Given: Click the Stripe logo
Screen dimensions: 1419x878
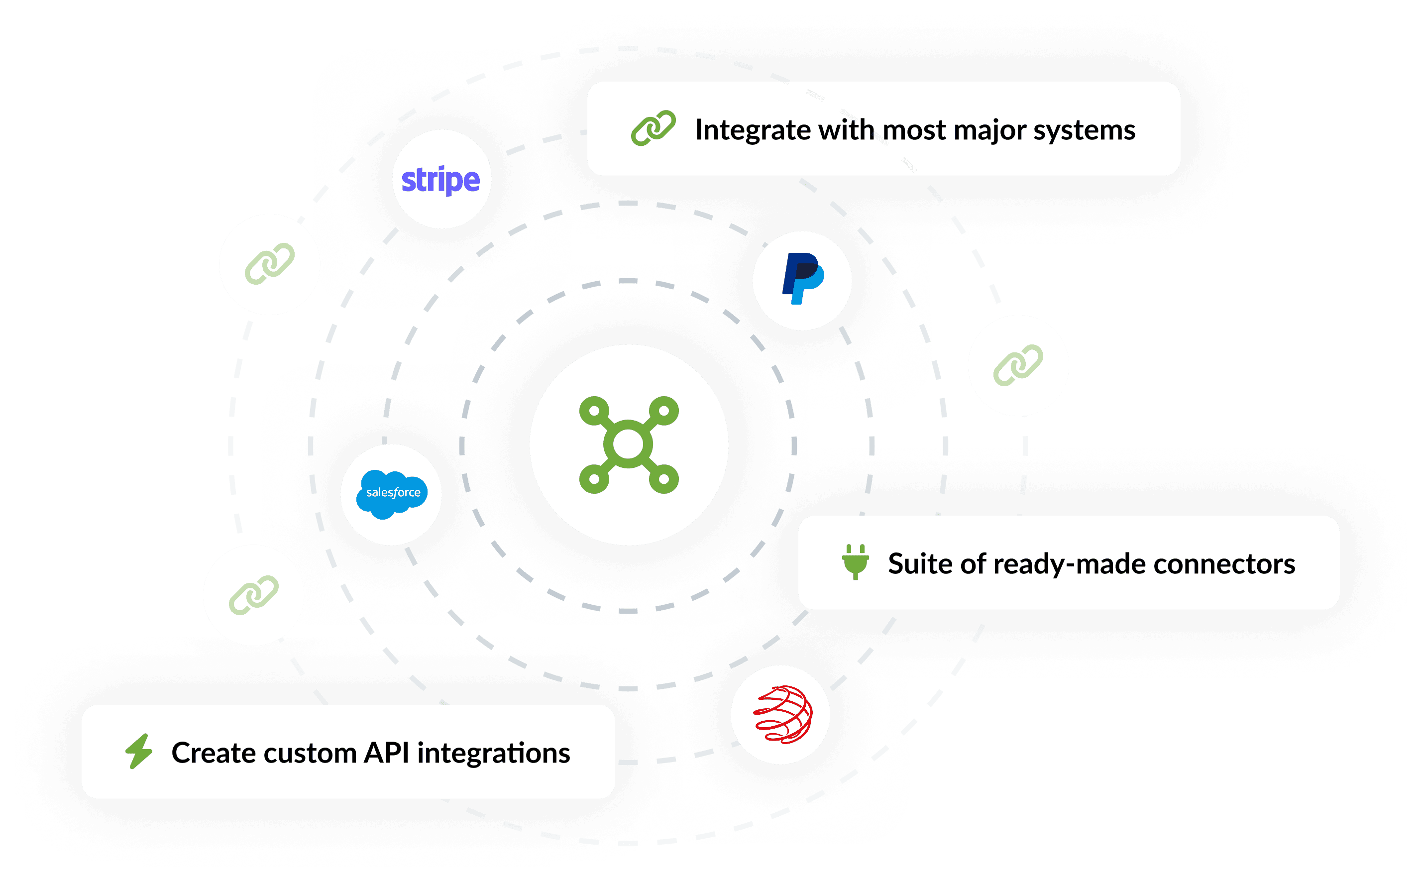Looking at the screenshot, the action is (x=440, y=180).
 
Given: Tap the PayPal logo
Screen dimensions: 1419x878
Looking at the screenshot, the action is (x=803, y=279).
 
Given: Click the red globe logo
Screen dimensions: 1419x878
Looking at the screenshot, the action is (x=782, y=714).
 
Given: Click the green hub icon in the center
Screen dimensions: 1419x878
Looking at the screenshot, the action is (x=629, y=445).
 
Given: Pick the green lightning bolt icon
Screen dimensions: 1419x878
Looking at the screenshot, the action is (x=139, y=752).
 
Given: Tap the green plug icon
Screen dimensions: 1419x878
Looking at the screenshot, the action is (x=855, y=562).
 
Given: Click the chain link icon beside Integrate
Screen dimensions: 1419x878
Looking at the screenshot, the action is (x=653, y=128).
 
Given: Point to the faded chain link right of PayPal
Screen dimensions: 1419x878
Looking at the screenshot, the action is (x=1018, y=365).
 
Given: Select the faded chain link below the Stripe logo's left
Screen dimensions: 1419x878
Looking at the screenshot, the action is (x=269, y=264).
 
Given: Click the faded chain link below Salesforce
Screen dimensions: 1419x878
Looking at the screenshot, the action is (x=254, y=595).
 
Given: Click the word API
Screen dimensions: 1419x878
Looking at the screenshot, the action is (x=386, y=753).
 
